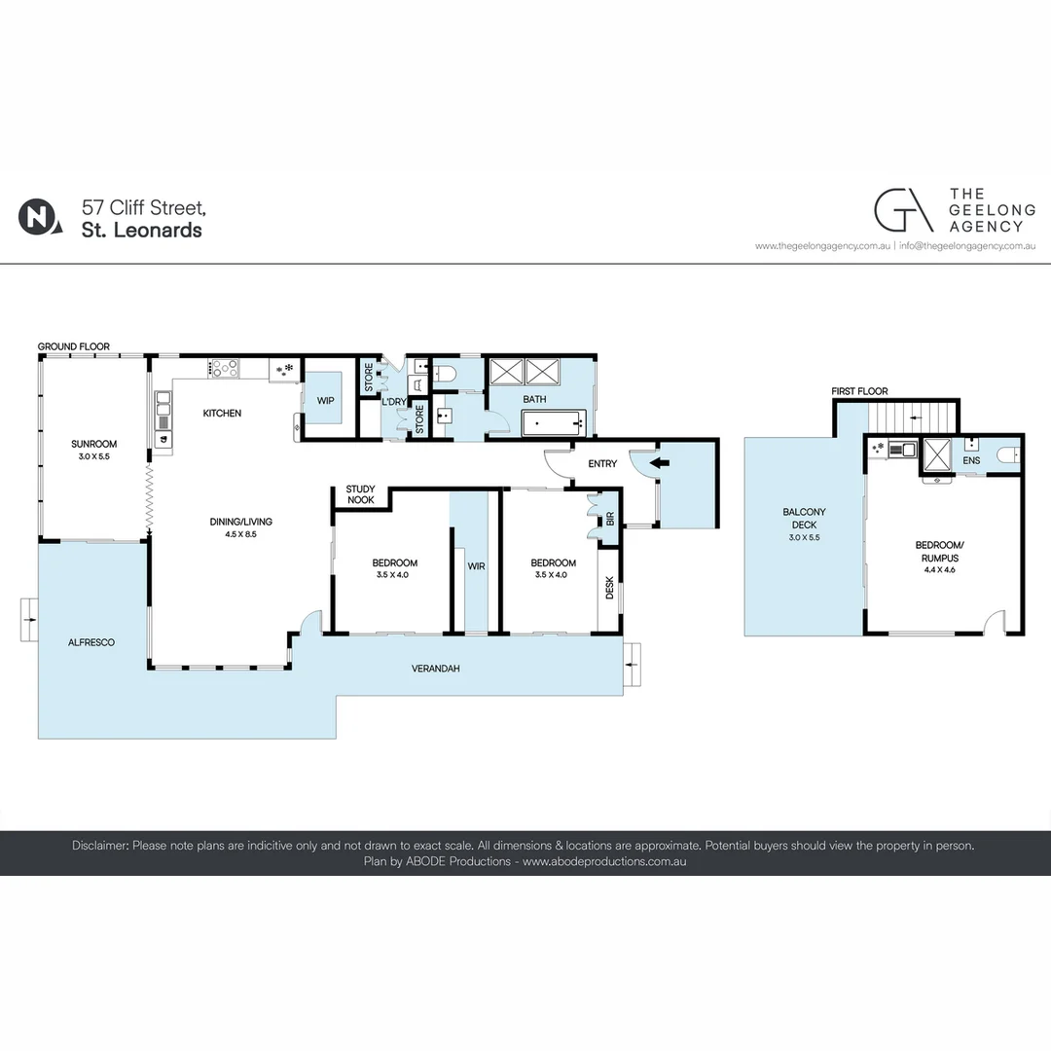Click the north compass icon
(x=37, y=216)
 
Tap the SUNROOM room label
(x=93, y=444)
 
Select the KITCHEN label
(x=222, y=414)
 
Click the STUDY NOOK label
(x=360, y=495)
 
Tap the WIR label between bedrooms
(x=476, y=563)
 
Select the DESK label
(x=610, y=587)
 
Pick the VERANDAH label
(x=435, y=669)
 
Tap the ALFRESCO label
(x=92, y=642)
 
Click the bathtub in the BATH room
(x=553, y=423)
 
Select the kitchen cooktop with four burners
(x=225, y=367)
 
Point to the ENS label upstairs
(x=971, y=459)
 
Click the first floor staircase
(x=912, y=416)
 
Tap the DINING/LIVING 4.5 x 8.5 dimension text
(x=241, y=534)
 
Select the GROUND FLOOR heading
(x=74, y=346)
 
